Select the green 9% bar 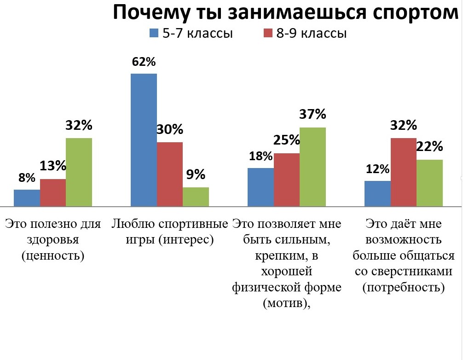[196, 197]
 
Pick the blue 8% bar [27, 197]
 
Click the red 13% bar [52, 192]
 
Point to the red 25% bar [287, 180]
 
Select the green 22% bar [429, 183]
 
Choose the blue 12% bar [377, 193]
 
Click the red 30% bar [169, 174]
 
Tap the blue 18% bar [260, 187]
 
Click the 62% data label [144, 62]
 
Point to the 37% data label [313, 114]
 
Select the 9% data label [196, 175]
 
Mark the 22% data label [429, 147]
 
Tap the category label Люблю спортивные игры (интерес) [170, 232]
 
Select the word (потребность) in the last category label [404, 288]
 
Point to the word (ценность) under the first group [53, 256]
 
